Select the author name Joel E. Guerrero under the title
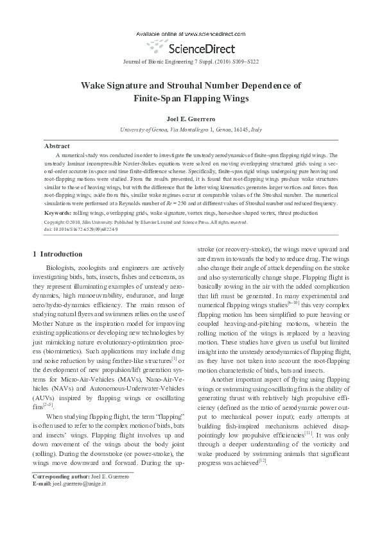[x=191, y=119]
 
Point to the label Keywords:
[x=57, y=212]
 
